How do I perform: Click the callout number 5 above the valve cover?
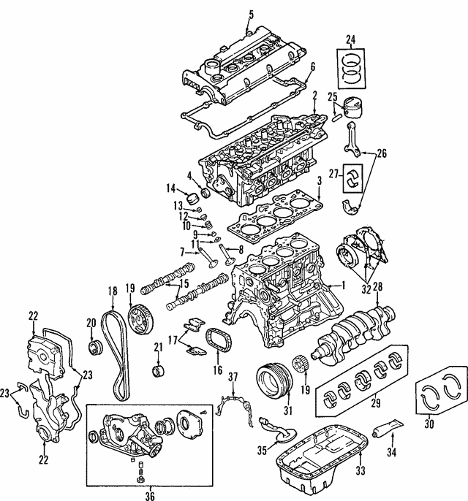251,14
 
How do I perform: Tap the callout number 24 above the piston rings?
350,39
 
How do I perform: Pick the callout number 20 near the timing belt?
91,324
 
